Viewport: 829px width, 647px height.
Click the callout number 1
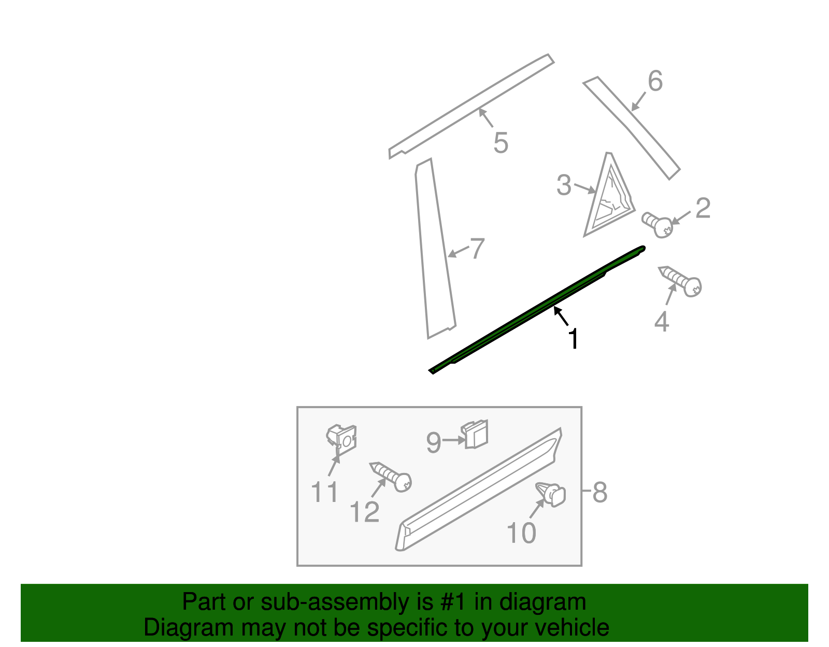pyautogui.click(x=573, y=339)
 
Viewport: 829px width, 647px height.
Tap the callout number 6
pyautogui.click(x=655, y=81)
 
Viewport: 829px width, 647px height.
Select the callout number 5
pyautogui.click(x=501, y=142)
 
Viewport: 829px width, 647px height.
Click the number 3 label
pyautogui.click(x=564, y=185)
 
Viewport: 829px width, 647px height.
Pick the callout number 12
pyautogui.click(x=364, y=512)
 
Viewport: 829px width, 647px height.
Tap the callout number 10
pyautogui.click(x=521, y=533)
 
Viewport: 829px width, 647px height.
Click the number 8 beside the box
pyautogui.click(x=599, y=492)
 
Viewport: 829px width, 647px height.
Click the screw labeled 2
pyautogui.click(x=658, y=224)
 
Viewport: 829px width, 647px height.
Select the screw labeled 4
pyautogui.click(x=681, y=280)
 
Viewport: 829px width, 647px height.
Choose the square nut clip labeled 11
pyautogui.click(x=342, y=438)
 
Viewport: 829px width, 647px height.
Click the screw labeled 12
pyautogui.click(x=392, y=476)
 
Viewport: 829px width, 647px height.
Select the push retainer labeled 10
pyautogui.click(x=551, y=493)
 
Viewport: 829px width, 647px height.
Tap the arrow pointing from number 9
pyautogui.click(x=454, y=440)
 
